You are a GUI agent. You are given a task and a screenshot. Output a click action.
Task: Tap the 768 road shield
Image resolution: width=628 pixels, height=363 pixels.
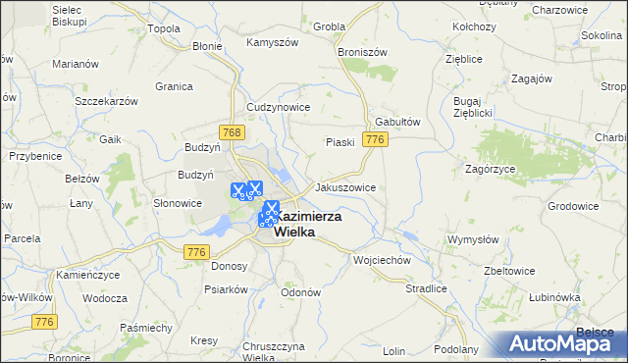[232, 132]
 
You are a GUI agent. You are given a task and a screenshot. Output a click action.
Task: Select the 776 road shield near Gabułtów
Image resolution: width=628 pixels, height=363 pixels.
[373, 141]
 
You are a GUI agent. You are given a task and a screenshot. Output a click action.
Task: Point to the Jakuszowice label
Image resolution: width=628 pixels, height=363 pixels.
[344, 186]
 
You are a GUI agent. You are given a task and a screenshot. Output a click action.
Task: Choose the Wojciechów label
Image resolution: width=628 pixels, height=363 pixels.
[381, 260]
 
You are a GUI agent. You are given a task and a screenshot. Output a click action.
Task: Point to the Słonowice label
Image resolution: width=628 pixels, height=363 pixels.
[178, 203]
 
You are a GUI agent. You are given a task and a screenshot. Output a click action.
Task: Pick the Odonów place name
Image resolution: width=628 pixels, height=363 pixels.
[300, 292]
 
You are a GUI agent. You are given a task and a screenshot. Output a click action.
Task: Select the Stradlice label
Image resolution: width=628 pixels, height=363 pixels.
[426, 288]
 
